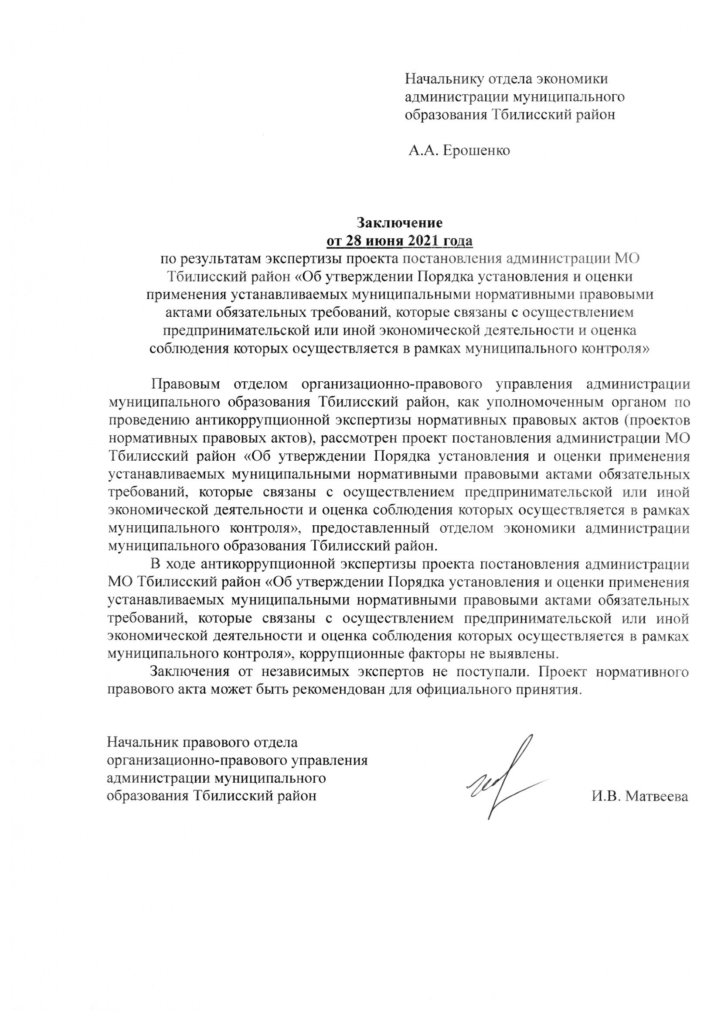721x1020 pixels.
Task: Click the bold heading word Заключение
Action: [401, 222]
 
